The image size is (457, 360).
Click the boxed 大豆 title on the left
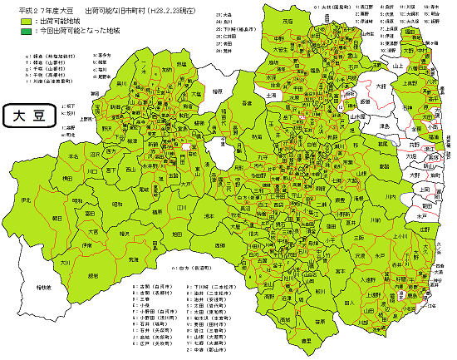tap(29, 116)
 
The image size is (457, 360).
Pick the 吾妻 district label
tap(247, 101)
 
